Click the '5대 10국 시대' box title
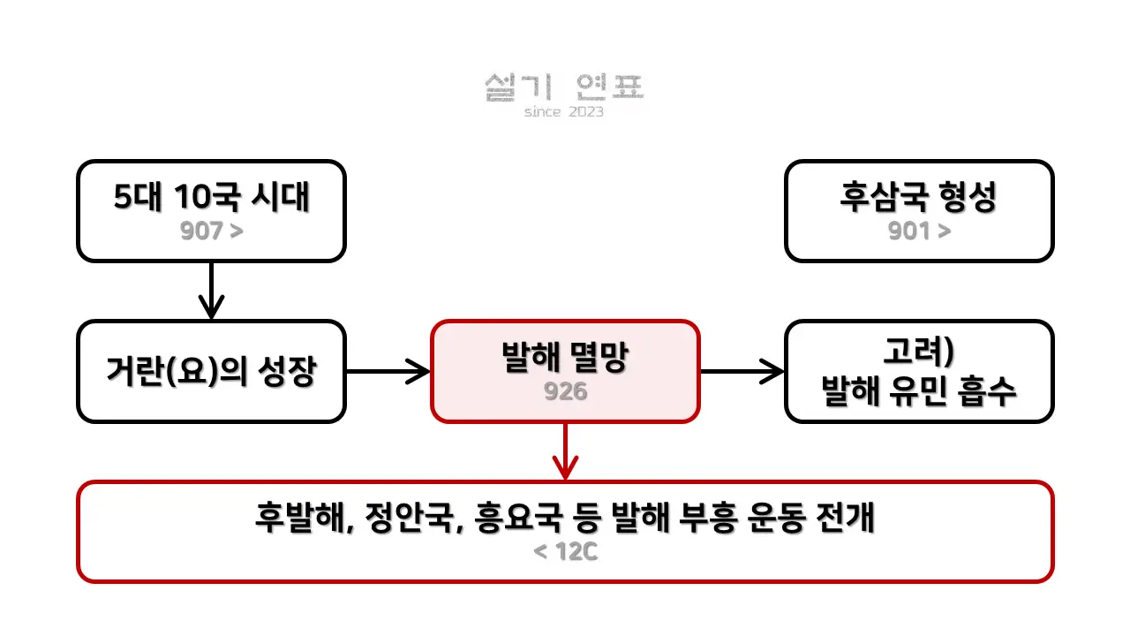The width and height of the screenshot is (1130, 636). click(211, 197)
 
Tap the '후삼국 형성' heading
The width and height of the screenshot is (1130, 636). click(918, 197)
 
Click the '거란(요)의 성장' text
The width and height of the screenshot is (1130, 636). click(211, 372)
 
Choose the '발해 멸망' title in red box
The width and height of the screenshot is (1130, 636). click(565, 359)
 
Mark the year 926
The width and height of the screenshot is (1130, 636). click(565, 391)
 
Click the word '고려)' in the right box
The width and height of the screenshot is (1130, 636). click(919, 352)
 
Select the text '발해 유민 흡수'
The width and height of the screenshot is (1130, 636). click(919, 390)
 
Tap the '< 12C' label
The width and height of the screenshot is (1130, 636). click(565, 553)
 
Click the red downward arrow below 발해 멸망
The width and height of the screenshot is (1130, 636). click(565, 451)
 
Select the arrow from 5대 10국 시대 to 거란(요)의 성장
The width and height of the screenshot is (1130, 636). click(211, 291)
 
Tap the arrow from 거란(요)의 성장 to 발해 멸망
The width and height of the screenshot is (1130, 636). click(388, 372)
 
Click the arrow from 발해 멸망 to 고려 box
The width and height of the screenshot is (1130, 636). click(742, 372)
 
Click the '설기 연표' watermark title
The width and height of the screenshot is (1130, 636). click(564, 87)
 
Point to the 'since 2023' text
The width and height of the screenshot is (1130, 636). click(564, 112)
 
